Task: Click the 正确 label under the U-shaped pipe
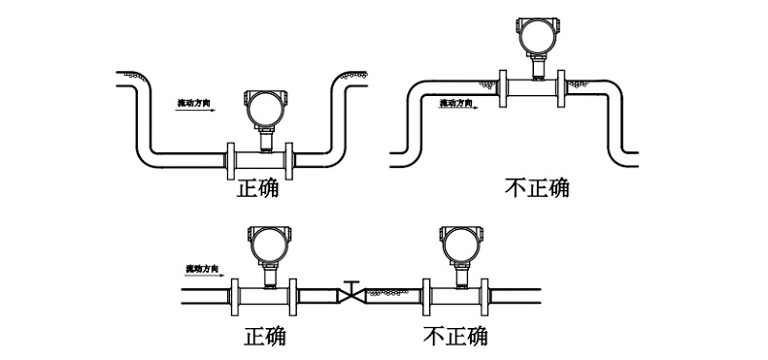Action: [x=257, y=188]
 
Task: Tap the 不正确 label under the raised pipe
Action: [x=537, y=187]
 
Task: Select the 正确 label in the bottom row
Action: [x=265, y=337]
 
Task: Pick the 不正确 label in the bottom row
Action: [x=455, y=337]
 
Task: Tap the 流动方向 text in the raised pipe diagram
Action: [x=459, y=102]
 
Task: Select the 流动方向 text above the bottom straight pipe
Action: [x=205, y=267]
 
